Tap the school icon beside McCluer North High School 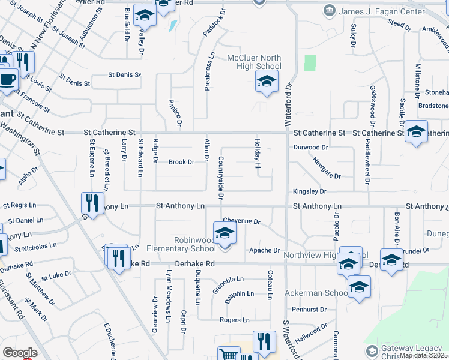(267, 82)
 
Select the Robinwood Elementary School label (195, 244)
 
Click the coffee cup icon (8, 80)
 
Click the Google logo (20, 353)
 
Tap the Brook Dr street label (181, 162)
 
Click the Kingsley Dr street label (309, 191)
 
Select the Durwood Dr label (310, 147)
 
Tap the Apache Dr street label (265, 250)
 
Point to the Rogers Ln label (235, 320)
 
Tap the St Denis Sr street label (124, 75)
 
